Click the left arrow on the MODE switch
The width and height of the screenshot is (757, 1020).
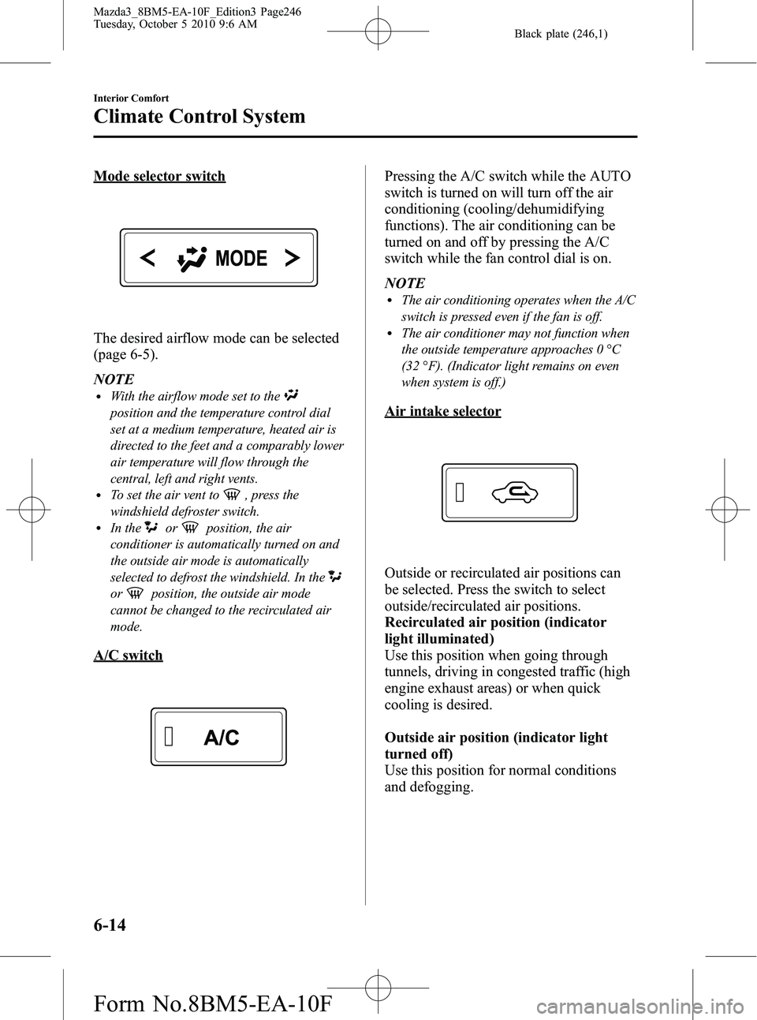[x=147, y=257]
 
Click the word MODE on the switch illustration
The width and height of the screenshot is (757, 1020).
[x=241, y=258]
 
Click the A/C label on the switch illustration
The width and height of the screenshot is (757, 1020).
[x=222, y=738]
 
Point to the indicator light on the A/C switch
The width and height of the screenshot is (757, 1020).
[x=170, y=737]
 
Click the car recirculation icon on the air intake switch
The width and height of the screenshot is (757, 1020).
[x=514, y=494]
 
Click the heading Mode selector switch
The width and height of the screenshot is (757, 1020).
[x=159, y=176]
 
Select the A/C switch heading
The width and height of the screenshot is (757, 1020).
[x=128, y=656]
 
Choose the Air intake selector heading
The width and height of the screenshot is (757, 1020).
[x=442, y=411]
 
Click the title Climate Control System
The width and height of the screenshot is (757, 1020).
[x=199, y=117]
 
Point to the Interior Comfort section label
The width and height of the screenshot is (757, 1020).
[x=131, y=98]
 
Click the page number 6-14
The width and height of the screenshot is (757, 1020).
[x=110, y=925]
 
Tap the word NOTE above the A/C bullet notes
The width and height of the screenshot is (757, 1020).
[x=405, y=282]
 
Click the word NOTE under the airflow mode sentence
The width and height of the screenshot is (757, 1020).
[x=114, y=379]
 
